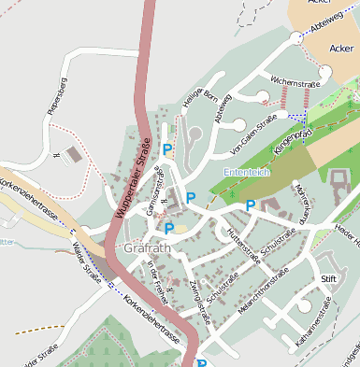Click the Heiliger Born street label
point(193,97)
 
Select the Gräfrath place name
point(145,248)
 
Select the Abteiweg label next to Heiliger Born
point(222,110)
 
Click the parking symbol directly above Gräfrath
point(169,228)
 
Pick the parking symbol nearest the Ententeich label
point(251,205)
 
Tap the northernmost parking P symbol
point(167,148)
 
